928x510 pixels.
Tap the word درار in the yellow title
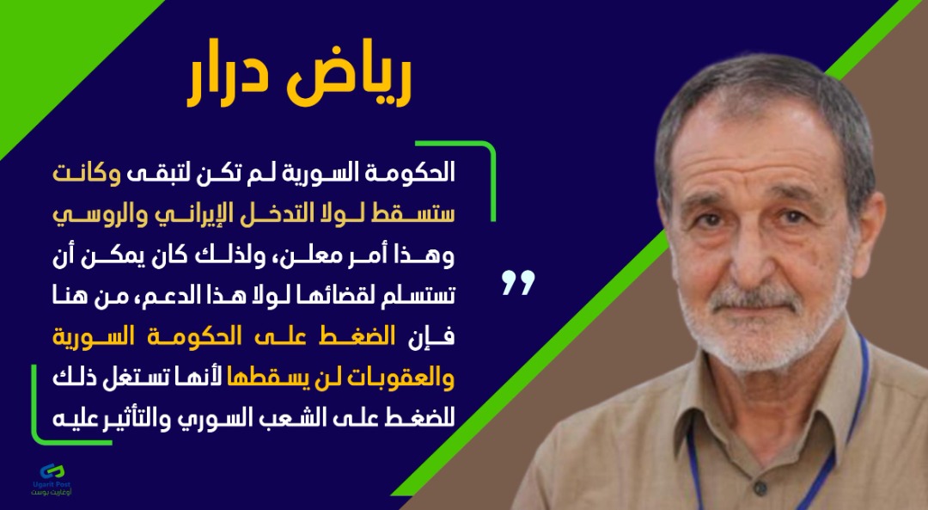(x=229, y=81)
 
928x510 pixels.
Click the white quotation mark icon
(x=518, y=283)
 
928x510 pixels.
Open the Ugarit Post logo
(x=52, y=478)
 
